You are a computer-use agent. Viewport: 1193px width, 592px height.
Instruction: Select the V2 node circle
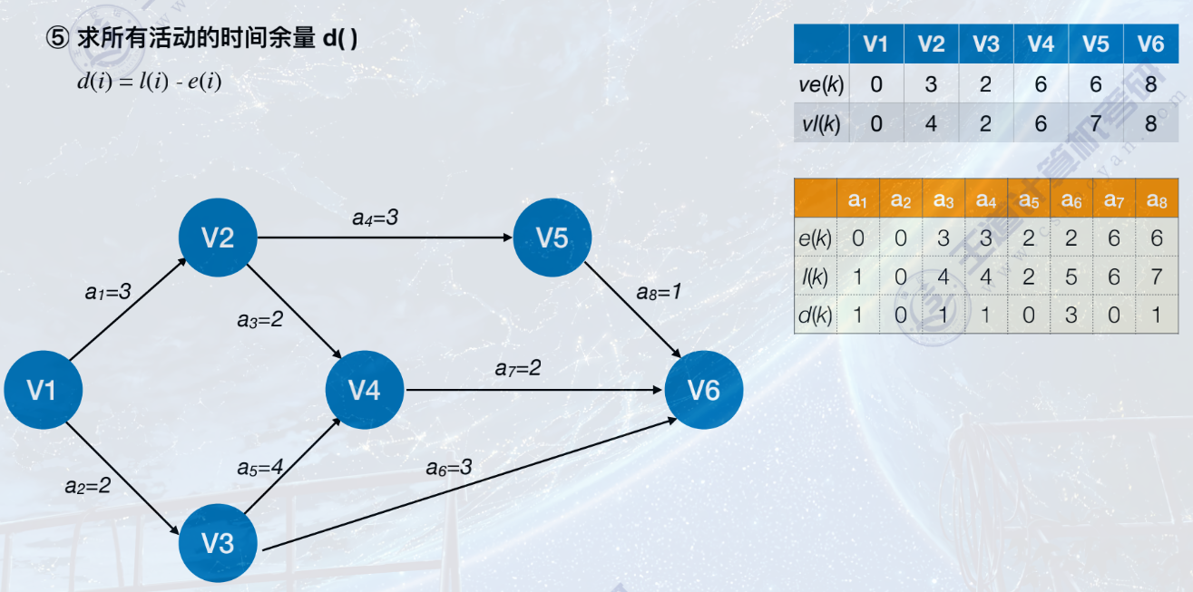tap(218, 238)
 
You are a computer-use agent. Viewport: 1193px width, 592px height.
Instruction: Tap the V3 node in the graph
tap(218, 542)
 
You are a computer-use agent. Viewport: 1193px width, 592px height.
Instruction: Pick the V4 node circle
tap(365, 390)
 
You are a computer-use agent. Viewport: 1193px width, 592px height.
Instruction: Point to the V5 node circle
tap(552, 238)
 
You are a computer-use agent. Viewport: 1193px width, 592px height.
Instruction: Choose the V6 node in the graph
tap(704, 390)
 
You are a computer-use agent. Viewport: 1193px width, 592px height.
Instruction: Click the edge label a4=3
tap(376, 218)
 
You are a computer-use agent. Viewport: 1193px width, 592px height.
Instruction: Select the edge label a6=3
tap(449, 468)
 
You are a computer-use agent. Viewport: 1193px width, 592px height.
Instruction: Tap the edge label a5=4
tap(260, 468)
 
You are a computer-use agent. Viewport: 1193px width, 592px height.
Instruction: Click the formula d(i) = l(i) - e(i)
tap(149, 82)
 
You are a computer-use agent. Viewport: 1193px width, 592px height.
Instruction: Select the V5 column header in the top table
tap(1095, 44)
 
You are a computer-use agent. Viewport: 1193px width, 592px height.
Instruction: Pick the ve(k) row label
tap(822, 85)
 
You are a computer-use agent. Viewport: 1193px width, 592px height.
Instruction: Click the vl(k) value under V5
tap(1095, 123)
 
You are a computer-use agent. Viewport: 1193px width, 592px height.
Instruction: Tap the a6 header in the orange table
tap(1071, 200)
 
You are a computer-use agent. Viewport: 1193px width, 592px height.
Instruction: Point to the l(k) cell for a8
tap(1156, 277)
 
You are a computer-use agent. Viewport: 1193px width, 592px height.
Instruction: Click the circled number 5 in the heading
tap(57, 40)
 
